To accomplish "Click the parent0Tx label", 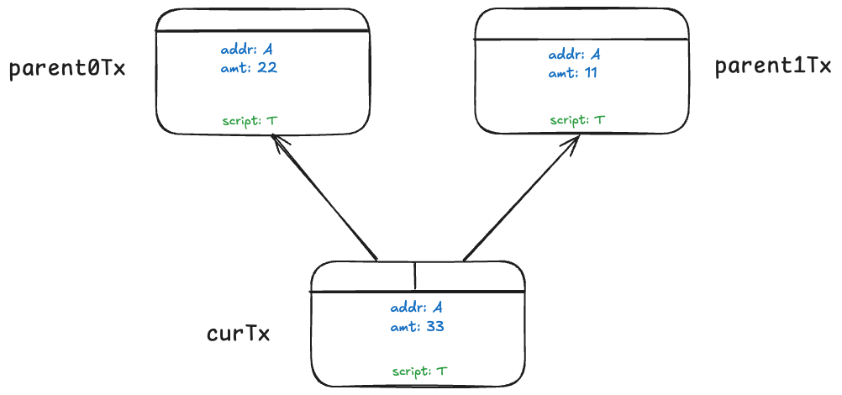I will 67,69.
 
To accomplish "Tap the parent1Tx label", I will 772,67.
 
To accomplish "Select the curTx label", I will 238,334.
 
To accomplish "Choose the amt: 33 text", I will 417,326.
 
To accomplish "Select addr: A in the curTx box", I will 417,308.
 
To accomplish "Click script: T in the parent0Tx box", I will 250,121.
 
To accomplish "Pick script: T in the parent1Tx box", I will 577,120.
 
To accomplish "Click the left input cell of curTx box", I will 363,276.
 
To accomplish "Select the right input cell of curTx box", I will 469,276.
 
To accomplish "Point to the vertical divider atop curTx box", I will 415,276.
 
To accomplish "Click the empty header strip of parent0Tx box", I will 262,20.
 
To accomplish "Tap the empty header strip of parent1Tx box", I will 582,24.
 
